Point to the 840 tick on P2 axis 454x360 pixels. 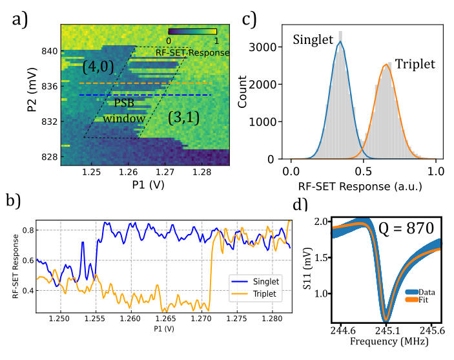[49, 51]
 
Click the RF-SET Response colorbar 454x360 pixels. [192, 31]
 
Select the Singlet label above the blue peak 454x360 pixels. [313, 39]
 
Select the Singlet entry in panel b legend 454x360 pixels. [261, 282]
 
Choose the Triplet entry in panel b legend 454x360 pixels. [261, 293]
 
